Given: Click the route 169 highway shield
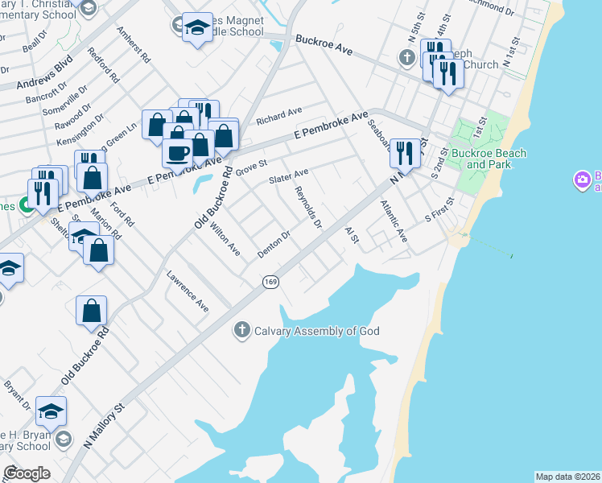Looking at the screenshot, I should tap(270, 282).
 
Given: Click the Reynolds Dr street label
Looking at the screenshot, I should tap(308, 206).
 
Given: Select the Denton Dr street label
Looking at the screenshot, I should tap(273, 245).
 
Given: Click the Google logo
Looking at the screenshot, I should tap(27, 473).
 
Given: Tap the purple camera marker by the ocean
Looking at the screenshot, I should tap(582, 180).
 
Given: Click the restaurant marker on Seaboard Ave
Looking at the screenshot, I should tap(405, 151).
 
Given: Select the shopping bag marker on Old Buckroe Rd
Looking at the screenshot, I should tap(92, 309).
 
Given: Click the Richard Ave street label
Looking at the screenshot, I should tap(278, 116).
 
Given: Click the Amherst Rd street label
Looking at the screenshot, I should tap(134, 46).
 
